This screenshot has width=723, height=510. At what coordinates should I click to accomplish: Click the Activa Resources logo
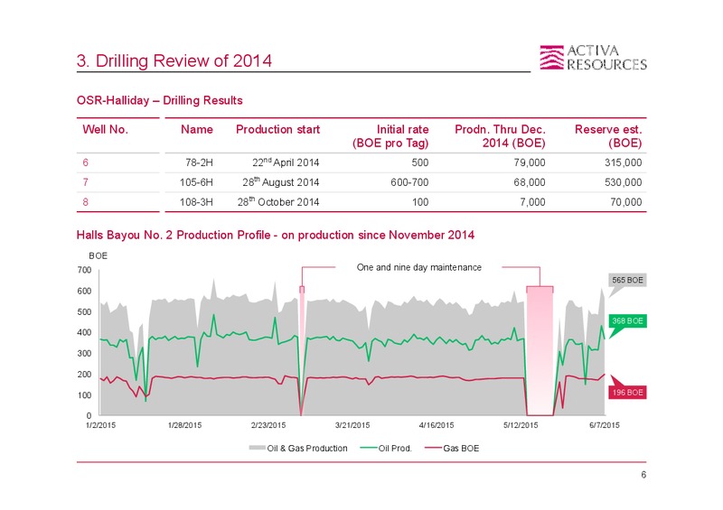tap(593, 58)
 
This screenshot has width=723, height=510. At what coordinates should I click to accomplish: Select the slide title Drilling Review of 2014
tap(174, 60)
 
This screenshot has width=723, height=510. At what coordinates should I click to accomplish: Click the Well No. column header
tap(105, 129)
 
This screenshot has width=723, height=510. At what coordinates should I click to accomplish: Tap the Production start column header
tap(277, 129)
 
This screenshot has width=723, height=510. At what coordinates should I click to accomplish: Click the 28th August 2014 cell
tap(281, 182)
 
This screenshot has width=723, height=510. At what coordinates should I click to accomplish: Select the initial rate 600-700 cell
tap(409, 182)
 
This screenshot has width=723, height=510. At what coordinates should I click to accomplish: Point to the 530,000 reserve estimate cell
tap(623, 182)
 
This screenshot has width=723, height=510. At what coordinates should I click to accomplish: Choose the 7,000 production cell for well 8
tap(532, 202)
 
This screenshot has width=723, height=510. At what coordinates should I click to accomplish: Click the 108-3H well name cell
tap(196, 202)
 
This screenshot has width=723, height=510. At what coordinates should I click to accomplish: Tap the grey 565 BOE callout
tap(627, 280)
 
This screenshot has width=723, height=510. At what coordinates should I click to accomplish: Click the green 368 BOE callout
tap(627, 320)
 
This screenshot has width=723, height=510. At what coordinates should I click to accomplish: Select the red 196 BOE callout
tap(627, 392)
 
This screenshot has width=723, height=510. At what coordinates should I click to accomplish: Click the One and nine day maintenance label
tap(418, 267)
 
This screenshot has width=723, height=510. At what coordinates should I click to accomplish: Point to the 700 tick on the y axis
tap(84, 270)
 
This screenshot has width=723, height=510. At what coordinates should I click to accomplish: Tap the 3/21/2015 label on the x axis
tap(352, 425)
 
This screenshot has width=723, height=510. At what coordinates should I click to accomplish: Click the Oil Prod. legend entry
tap(387, 449)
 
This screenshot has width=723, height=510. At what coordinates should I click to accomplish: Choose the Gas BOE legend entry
tap(453, 449)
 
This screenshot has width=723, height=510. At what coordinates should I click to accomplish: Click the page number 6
tap(643, 475)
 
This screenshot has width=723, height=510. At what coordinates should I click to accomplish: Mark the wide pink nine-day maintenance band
tap(540, 351)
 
